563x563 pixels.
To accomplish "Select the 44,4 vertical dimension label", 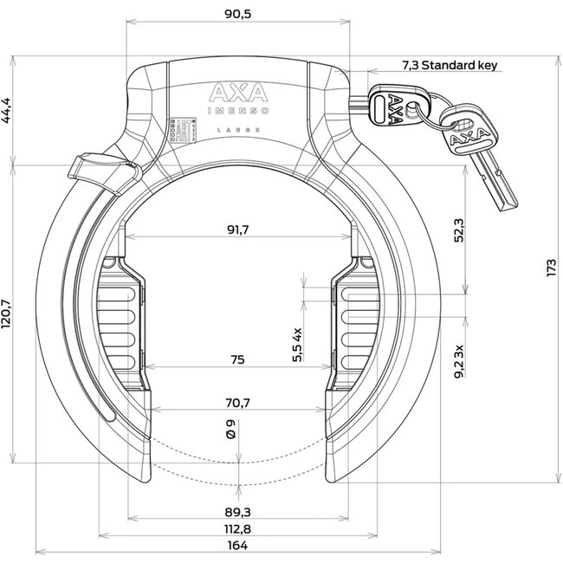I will [x=10, y=110].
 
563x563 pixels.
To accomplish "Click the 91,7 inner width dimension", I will [x=239, y=230].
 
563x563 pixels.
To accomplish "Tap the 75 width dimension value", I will [x=239, y=359].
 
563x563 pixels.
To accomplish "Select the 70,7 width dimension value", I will [x=239, y=402].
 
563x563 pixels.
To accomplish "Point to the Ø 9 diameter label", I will [x=230, y=431].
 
